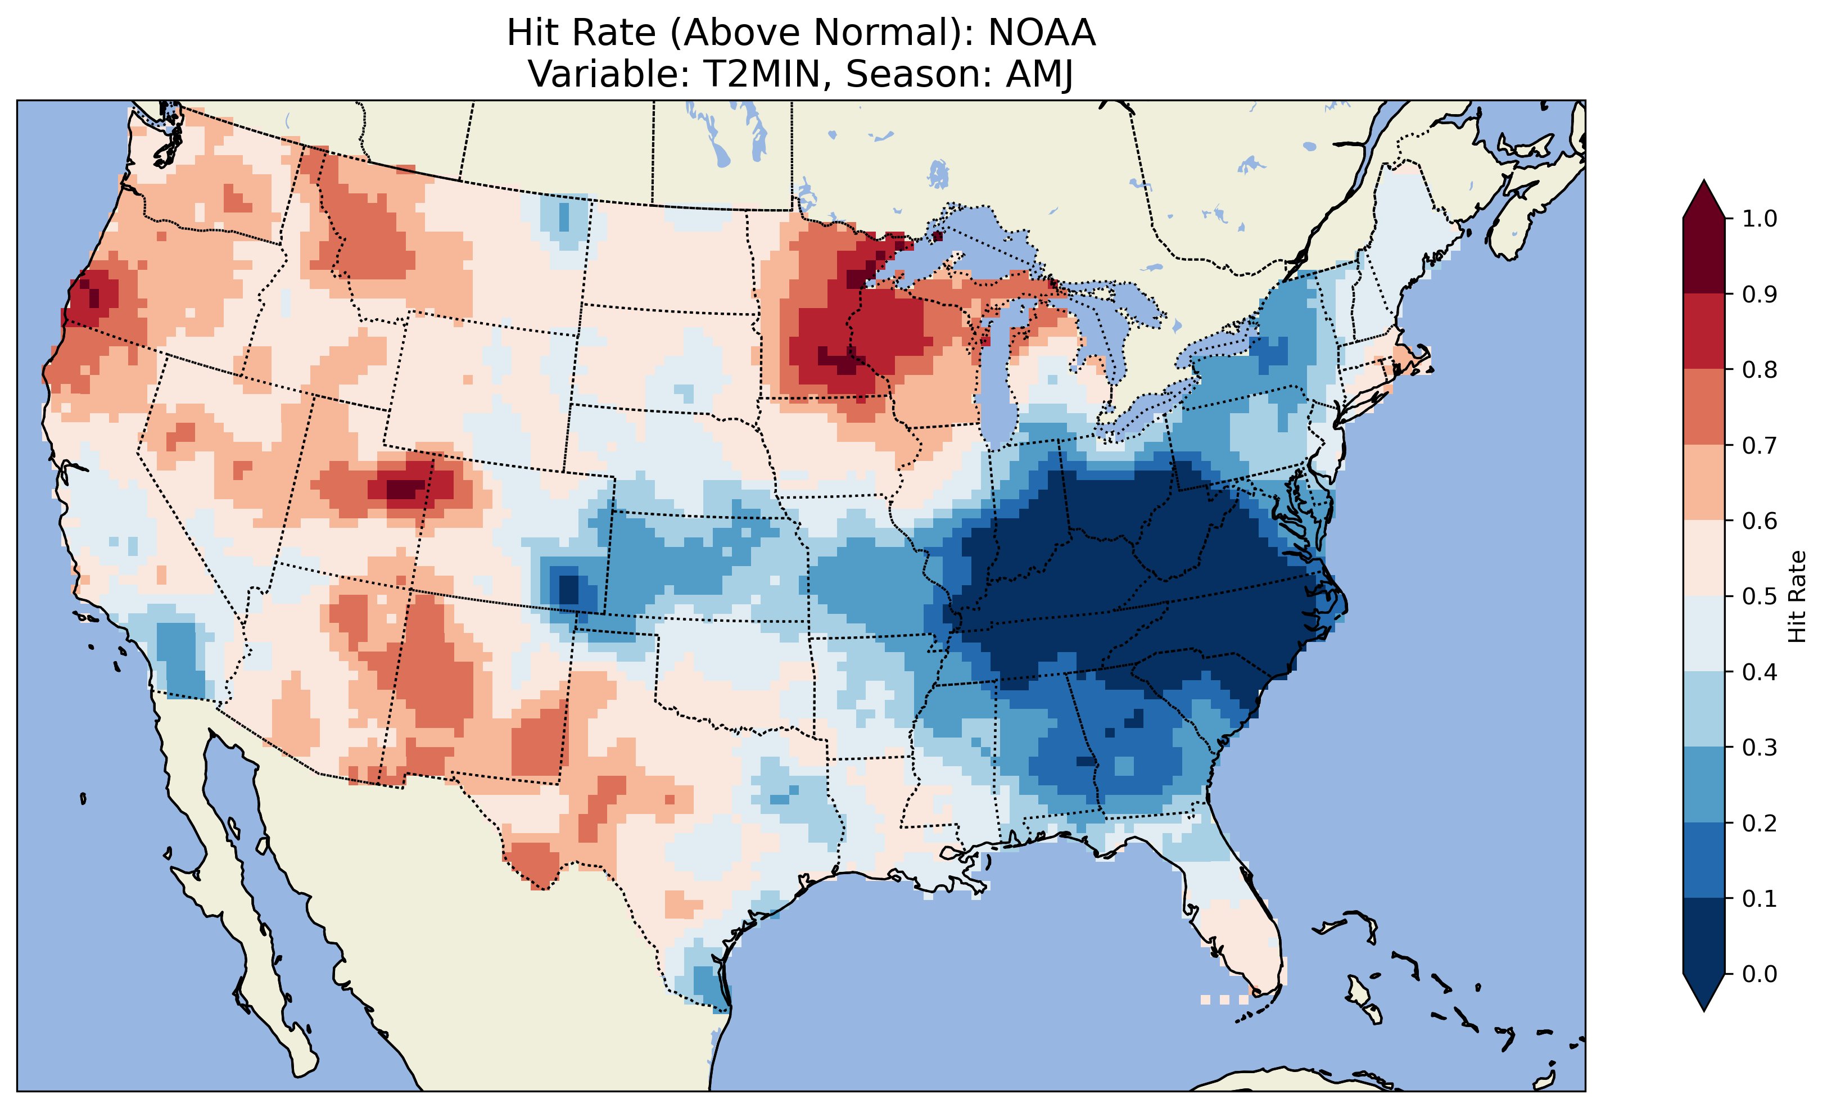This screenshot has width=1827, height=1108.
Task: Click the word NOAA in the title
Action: point(1041,33)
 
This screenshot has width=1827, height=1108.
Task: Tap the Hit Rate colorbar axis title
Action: point(1797,596)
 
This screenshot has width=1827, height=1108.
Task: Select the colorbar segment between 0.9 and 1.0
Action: point(1704,256)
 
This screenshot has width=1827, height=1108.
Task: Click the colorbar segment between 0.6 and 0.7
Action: point(1704,482)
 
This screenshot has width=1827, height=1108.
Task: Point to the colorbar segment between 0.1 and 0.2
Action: point(1704,860)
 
